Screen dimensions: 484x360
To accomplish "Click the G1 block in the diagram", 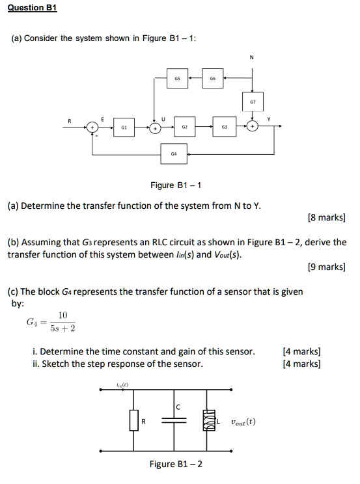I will (124, 128).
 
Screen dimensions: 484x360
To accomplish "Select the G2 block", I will (185, 128).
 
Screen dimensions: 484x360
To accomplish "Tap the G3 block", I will (224, 128).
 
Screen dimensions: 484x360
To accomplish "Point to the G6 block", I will (212, 76).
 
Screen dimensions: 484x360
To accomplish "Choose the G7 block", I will (251, 102).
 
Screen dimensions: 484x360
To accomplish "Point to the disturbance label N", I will (251, 57).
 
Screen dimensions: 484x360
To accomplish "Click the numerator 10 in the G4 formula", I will (62, 315).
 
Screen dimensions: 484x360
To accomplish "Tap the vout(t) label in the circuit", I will (241, 421).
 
